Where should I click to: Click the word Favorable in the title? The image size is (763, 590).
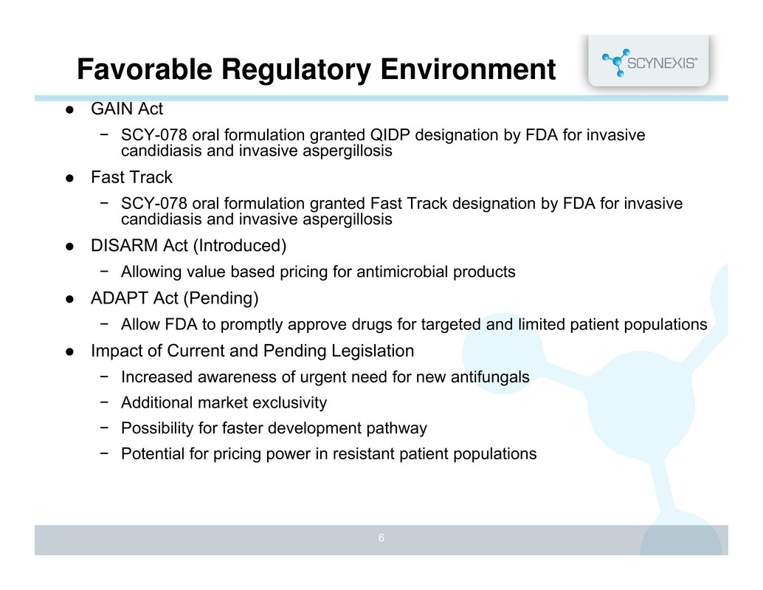(x=145, y=69)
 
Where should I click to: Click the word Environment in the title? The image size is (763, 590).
(x=468, y=69)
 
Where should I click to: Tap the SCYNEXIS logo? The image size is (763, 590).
(x=649, y=62)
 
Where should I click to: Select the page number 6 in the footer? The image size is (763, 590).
(x=381, y=538)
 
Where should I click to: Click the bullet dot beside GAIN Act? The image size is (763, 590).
(x=69, y=109)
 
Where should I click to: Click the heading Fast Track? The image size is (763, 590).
(x=131, y=177)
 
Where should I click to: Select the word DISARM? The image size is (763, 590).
(x=125, y=245)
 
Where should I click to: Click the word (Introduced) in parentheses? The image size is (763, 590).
(x=239, y=246)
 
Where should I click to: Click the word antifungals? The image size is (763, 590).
(x=490, y=377)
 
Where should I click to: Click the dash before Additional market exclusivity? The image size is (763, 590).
(x=104, y=402)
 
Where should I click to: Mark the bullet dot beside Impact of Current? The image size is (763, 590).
(x=69, y=351)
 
